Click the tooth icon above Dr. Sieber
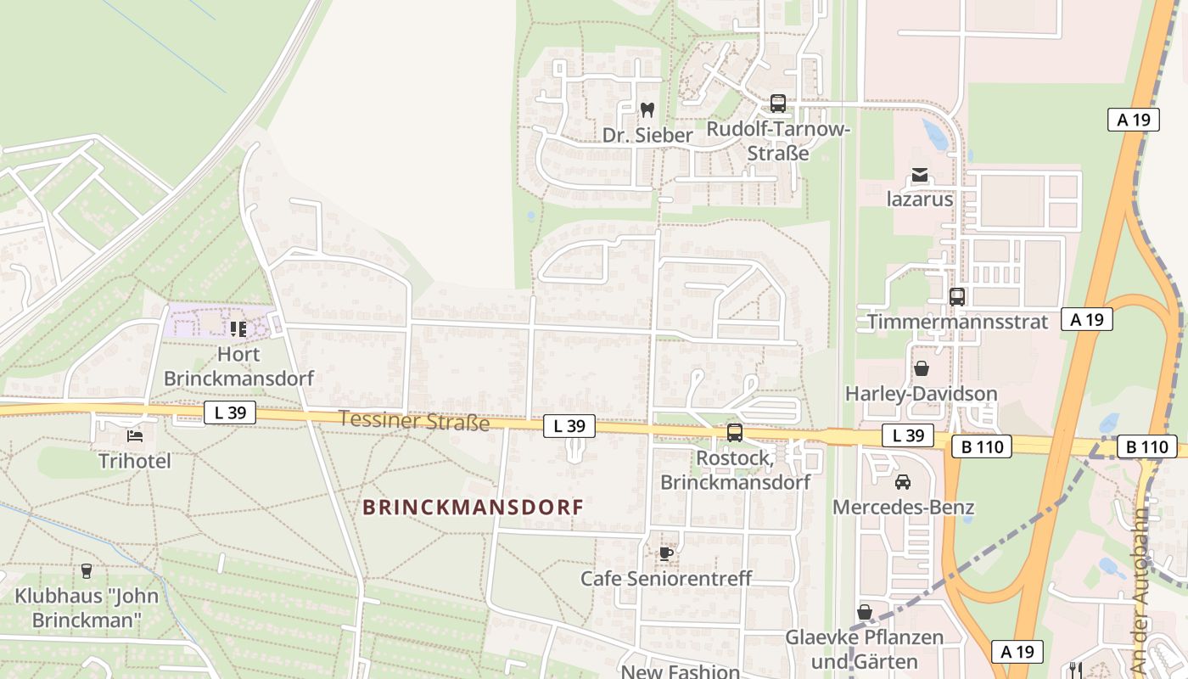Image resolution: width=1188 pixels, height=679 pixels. click(647, 109)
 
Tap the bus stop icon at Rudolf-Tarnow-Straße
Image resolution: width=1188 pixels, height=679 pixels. click(777, 104)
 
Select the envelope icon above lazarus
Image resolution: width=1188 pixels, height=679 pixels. click(920, 176)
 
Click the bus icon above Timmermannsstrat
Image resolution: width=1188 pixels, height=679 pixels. click(957, 297)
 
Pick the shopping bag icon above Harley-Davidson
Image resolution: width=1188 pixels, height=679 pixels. click(921, 368)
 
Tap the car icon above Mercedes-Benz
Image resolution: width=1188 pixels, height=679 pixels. click(903, 482)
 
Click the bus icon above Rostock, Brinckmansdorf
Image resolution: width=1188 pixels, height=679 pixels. click(735, 433)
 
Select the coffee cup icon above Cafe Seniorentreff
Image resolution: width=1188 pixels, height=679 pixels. click(666, 553)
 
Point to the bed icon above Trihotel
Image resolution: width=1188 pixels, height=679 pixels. click(135, 436)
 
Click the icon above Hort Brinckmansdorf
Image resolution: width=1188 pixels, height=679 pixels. click(238, 328)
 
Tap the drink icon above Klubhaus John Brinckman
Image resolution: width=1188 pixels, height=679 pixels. click(86, 570)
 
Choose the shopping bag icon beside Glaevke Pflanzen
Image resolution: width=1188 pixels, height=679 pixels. click(865, 612)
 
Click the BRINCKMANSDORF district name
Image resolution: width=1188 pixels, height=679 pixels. click(473, 508)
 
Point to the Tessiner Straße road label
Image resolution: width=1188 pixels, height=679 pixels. click(414, 420)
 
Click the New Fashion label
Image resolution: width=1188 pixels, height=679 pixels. click(681, 671)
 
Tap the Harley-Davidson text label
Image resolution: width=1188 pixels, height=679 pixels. click(921, 394)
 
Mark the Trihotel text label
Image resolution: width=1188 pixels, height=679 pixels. click(135, 461)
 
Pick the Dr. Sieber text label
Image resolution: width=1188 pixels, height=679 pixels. click(647, 135)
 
